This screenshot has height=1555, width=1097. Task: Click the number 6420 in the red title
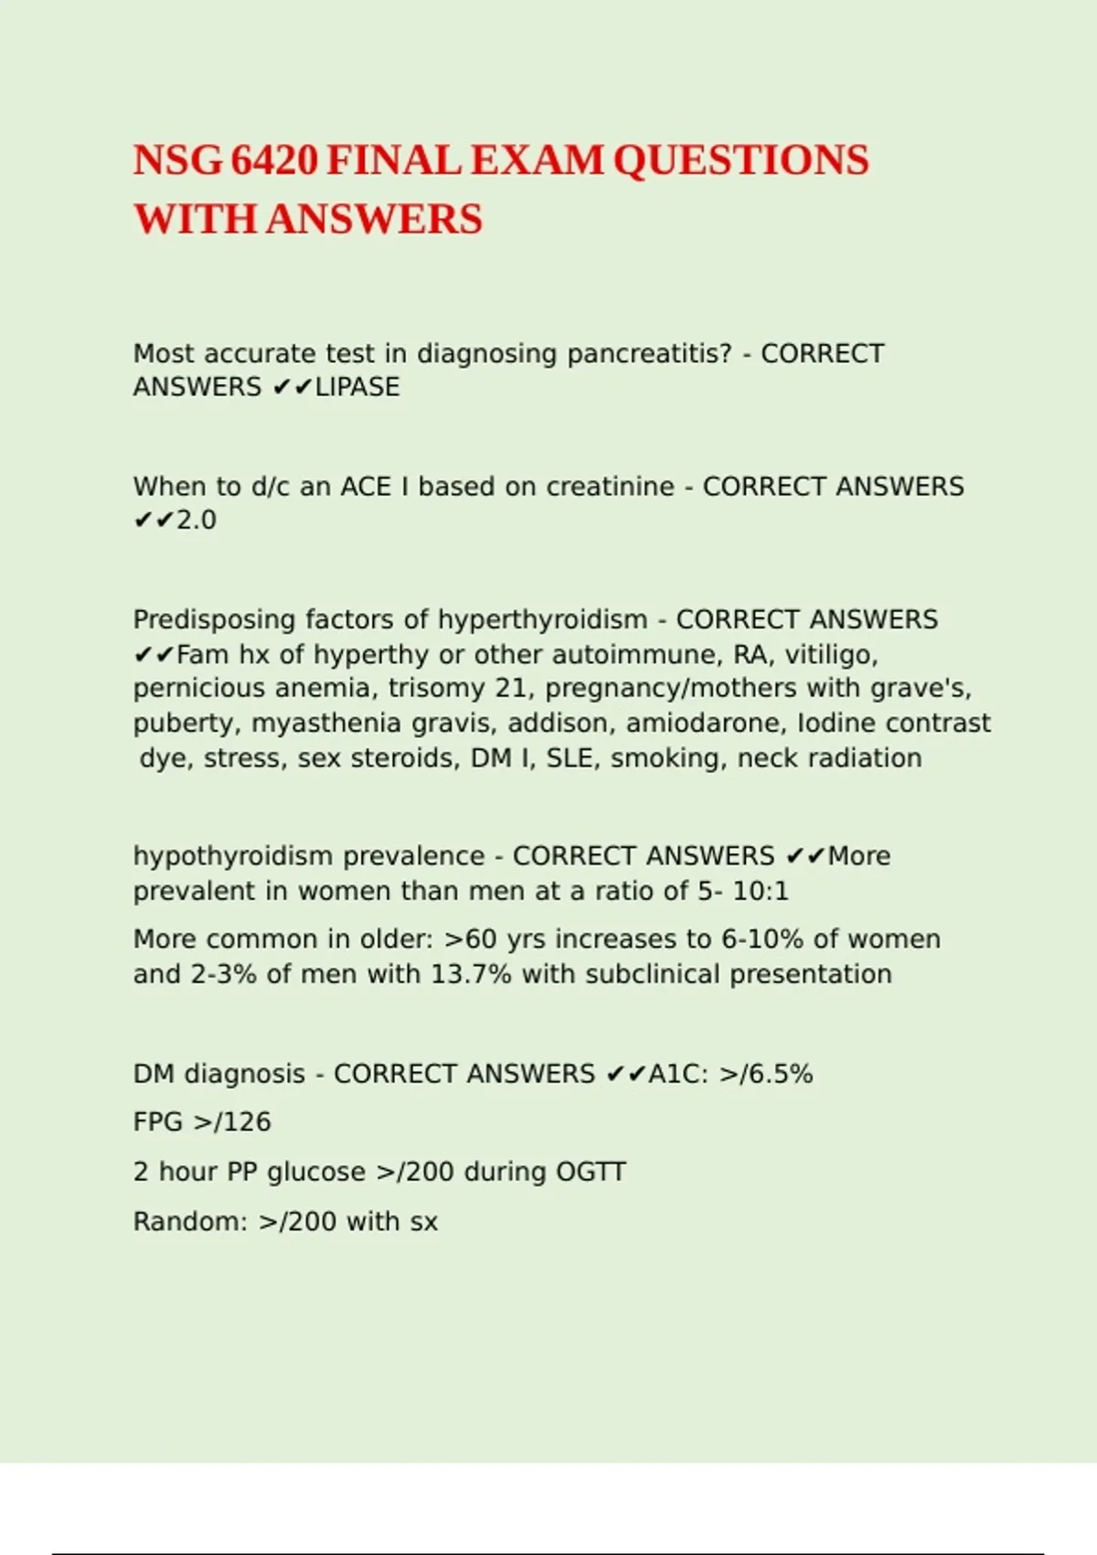coord(273,161)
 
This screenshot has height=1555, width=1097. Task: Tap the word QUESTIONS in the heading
coord(740,161)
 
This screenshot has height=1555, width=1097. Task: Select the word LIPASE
coord(357,387)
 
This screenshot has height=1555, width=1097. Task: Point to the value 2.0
coord(197,520)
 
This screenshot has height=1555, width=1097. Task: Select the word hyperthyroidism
coord(542,619)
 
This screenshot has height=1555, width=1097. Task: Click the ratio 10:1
coord(761,891)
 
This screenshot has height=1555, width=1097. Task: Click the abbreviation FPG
coord(158,1121)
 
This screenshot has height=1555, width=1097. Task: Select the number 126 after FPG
coord(247,1121)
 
